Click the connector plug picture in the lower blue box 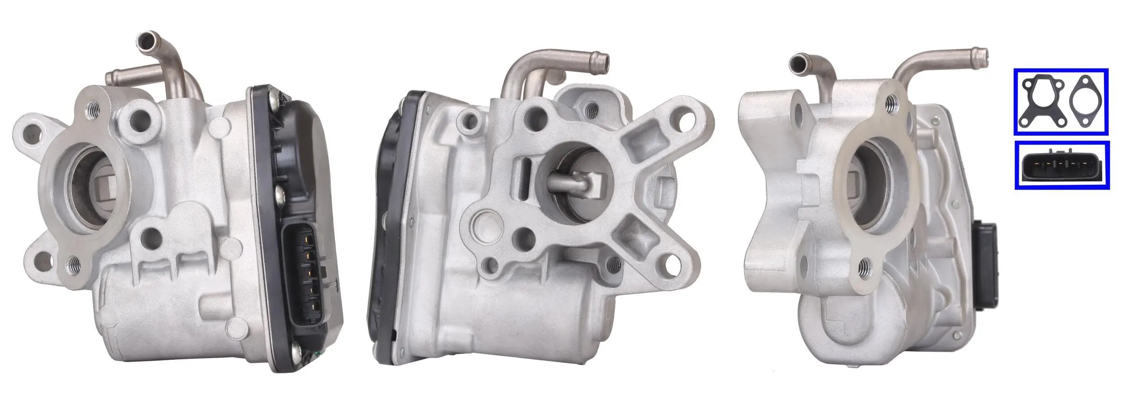pyautogui.click(x=1061, y=165)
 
